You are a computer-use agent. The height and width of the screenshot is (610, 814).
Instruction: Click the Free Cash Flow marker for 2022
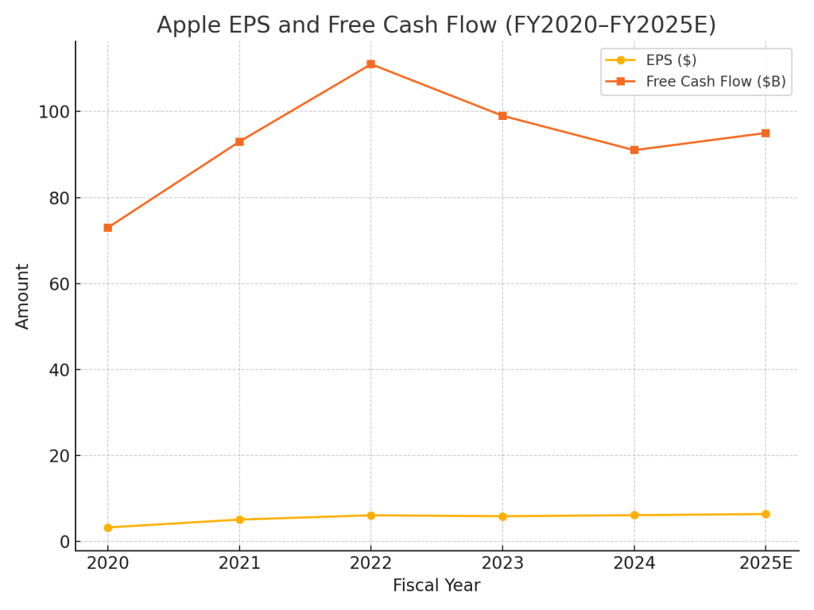tap(370, 64)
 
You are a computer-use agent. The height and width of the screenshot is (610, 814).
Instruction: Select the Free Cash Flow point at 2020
tap(108, 228)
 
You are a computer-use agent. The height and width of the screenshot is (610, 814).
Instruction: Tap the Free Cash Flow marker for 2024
tap(634, 150)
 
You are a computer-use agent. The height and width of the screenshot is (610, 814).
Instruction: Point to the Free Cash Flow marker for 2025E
tap(766, 133)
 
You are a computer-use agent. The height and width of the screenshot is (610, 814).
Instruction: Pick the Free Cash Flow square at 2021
tap(239, 142)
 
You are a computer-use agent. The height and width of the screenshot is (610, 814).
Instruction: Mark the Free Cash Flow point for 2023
tap(502, 116)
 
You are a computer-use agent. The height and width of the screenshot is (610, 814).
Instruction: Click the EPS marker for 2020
tap(108, 527)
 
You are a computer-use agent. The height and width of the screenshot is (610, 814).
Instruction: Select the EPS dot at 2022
tap(370, 515)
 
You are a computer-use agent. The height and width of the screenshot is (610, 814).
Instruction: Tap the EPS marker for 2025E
tap(766, 514)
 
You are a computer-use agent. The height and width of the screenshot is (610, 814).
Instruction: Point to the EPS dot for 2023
tap(502, 516)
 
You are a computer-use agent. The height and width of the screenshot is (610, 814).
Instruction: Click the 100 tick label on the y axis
tap(52, 112)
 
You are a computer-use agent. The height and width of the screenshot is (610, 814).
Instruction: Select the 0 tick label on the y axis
tap(64, 542)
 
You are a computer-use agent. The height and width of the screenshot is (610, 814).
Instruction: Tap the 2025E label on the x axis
tap(766, 564)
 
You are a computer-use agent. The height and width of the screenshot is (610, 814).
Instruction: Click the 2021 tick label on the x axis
tap(239, 564)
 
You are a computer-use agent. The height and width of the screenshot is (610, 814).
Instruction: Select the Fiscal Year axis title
tap(436, 586)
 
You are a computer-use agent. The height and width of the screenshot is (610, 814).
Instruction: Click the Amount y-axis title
tap(23, 296)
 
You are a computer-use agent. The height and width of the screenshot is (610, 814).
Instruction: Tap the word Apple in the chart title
tap(185, 25)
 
